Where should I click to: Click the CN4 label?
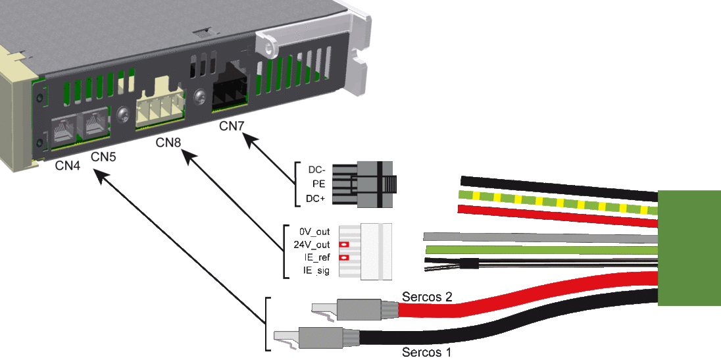[x=68, y=166]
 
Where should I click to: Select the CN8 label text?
[x=169, y=143]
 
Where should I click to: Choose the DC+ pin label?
[x=316, y=198]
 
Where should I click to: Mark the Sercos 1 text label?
[x=427, y=352]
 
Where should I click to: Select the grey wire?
[x=539, y=237]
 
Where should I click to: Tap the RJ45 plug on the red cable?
[x=359, y=307]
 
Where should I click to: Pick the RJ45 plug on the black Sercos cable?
[x=319, y=338]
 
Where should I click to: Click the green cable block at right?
[x=689, y=247]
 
